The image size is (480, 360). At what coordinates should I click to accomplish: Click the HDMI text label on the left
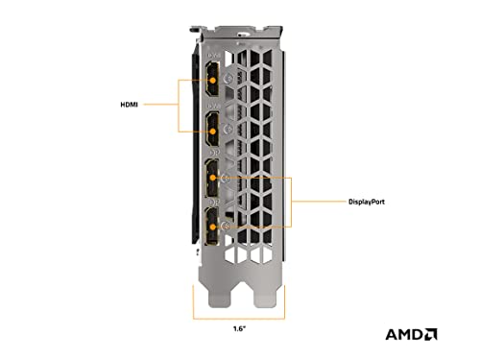point(129,105)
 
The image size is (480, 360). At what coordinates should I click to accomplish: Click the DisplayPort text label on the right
point(367,202)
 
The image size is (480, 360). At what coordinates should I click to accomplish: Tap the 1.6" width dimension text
point(239,328)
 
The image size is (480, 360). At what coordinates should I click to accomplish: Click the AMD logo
point(412,334)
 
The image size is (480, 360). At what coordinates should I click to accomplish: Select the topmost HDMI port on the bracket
point(212,79)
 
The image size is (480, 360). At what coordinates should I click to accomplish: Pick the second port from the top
point(212,129)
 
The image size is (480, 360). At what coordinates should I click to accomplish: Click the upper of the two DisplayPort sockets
point(212,178)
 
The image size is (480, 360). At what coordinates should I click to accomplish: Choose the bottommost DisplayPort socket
point(212,227)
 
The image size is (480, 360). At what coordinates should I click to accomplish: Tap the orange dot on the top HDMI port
point(212,80)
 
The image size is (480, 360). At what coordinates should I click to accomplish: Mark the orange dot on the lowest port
point(212,228)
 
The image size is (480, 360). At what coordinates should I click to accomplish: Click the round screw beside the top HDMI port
point(228,78)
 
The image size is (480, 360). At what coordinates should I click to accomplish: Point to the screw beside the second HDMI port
point(228,129)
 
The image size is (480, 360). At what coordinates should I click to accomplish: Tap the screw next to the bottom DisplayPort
point(226,226)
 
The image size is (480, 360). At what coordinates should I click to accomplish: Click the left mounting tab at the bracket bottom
point(219,296)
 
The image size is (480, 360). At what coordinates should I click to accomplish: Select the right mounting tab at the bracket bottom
point(265,296)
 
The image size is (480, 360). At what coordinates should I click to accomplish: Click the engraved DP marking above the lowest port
point(214,203)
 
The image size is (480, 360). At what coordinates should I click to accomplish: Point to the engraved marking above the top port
point(214,56)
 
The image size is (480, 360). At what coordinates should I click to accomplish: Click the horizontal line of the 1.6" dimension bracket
point(239,319)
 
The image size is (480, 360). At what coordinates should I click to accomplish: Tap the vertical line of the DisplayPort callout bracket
point(291,203)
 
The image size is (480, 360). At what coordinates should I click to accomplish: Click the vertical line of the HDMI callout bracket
point(179,106)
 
